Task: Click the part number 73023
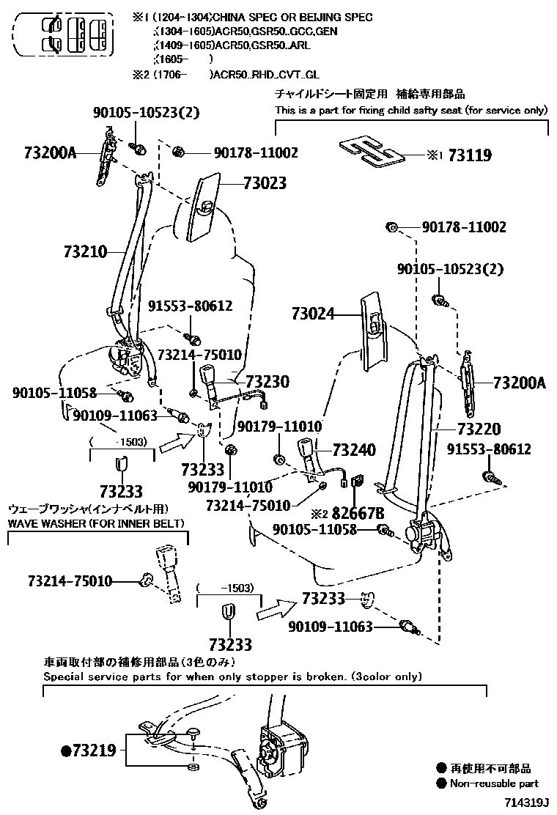[x=265, y=183]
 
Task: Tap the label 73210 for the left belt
[x=85, y=252]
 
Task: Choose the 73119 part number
[x=470, y=155]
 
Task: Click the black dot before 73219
[x=65, y=751]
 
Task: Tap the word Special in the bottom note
[x=64, y=676]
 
